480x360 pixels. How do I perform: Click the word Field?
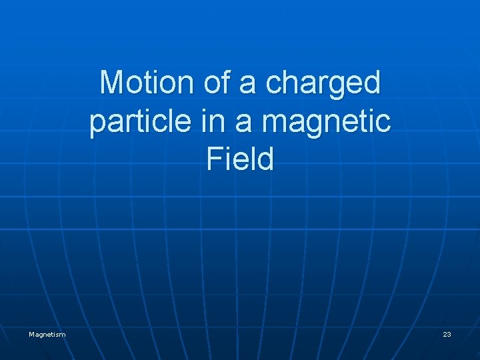click(240, 160)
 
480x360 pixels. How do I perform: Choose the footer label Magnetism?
click(47, 334)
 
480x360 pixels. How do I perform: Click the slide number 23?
click(447, 334)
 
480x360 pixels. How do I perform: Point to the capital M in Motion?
click(111, 83)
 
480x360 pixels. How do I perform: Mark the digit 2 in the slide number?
click(445, 334)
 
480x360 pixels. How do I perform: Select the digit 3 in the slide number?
click(449, 334)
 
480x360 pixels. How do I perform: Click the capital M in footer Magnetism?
click(31, 334)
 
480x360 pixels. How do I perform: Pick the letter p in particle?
click(97, 125)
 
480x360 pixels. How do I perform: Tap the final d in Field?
click(266, 160)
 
